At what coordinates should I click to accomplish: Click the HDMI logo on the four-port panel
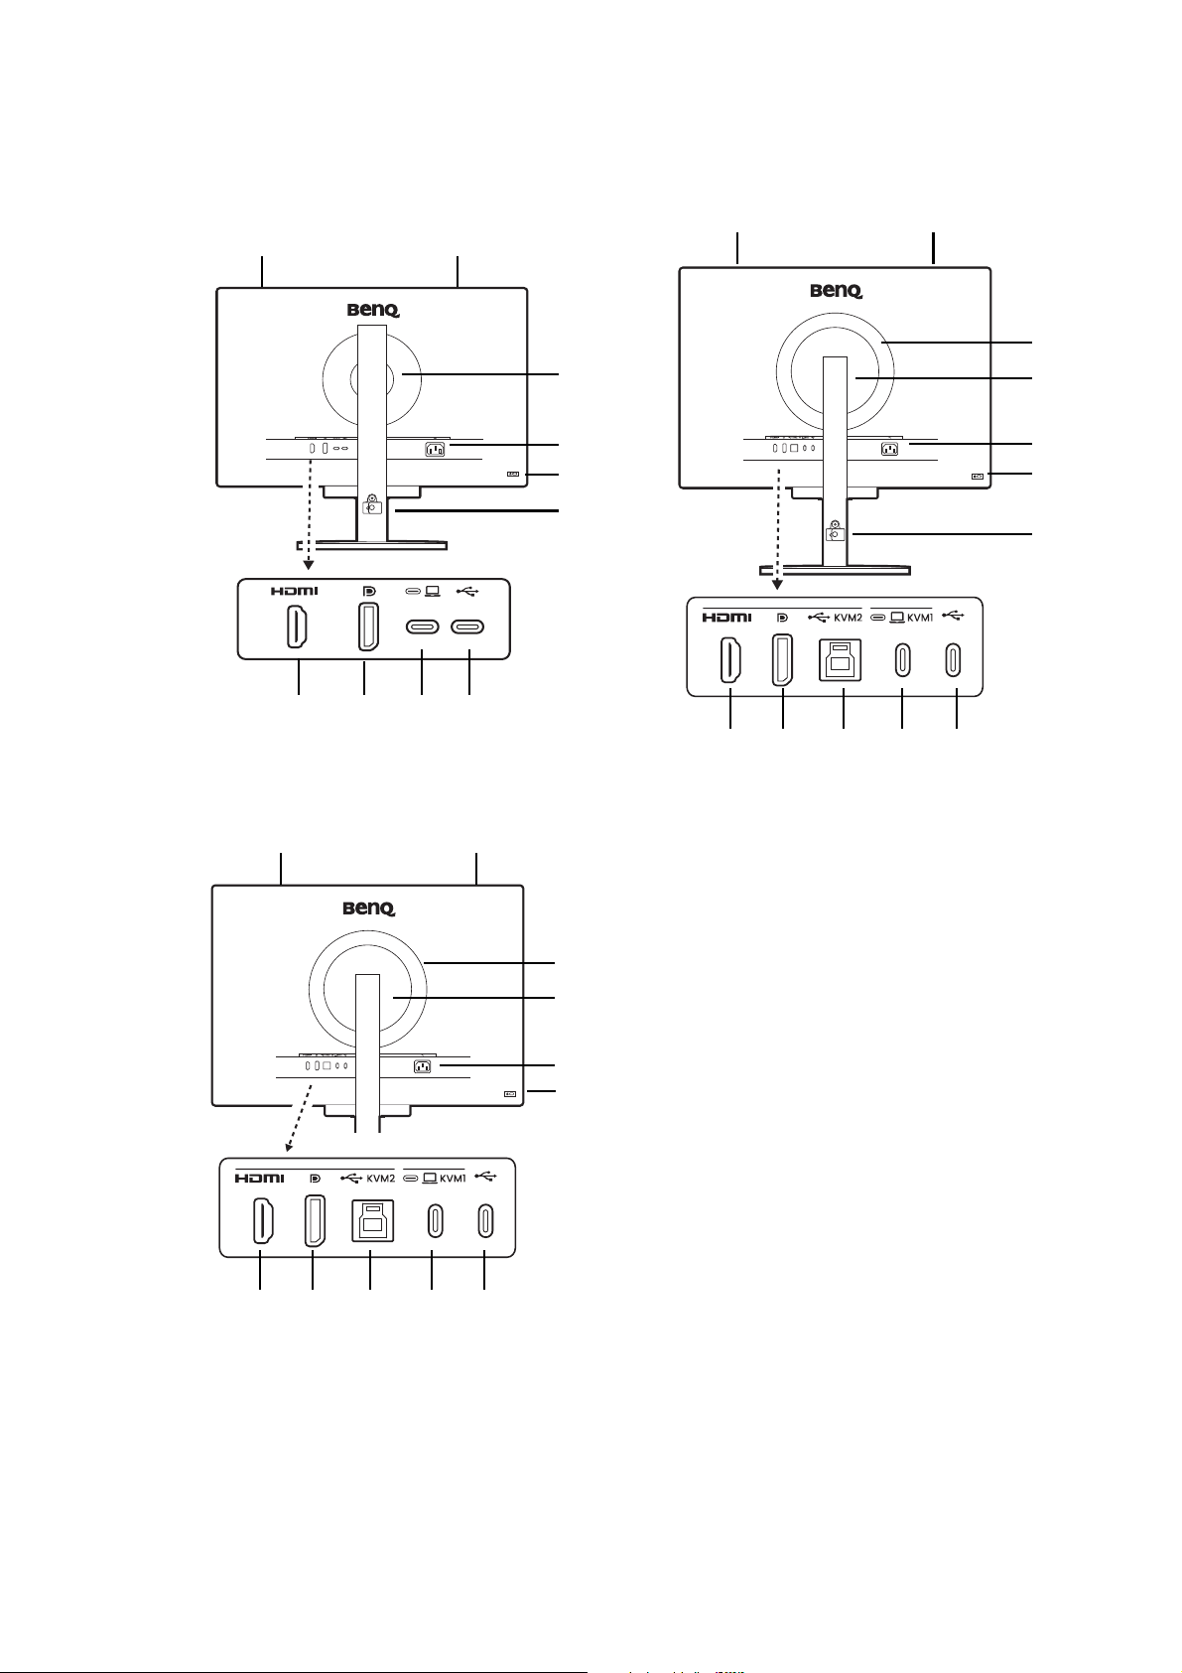295,591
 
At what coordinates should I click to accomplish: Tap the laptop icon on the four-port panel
431,591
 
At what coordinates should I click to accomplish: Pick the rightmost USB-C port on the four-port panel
467,627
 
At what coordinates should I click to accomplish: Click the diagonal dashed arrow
300,1118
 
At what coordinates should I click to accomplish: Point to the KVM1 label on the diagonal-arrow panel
453,1179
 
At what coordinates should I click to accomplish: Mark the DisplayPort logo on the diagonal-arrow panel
316,1179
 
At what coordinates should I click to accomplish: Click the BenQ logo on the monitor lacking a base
369,908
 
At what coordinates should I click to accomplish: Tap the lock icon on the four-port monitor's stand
371,503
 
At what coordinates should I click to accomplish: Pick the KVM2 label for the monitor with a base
848,617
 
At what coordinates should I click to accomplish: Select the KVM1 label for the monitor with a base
920,617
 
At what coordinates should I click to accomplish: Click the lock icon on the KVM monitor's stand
835,531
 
